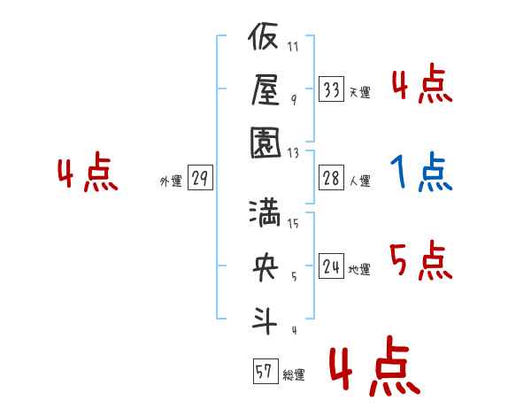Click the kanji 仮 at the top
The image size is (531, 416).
pos(263,36)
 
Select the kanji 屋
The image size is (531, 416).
pos(265,89)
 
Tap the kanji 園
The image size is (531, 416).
pos(265,143)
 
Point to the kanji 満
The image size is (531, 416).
pos(265,213)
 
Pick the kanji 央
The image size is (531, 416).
pos(265,267)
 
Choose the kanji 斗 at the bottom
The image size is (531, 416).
pos(265,320)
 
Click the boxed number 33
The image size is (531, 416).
pos(331,89)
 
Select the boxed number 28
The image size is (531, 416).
pos(331,178)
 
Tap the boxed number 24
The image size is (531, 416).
pos(331,266)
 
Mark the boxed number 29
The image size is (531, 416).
pos(200,178)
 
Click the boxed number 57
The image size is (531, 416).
pos(265,371)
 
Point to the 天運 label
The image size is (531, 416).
pos(360,92)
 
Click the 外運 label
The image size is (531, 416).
pos(171,181)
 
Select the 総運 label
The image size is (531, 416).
pos(294,374)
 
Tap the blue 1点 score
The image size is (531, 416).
pos(421,172)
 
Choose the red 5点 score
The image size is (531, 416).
pos(421,260)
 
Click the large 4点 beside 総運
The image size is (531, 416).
pos(374,366)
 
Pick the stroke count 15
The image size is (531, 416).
pos(293,223)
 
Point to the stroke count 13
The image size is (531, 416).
pos(293,153)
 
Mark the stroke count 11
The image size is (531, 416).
pos(293,46)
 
